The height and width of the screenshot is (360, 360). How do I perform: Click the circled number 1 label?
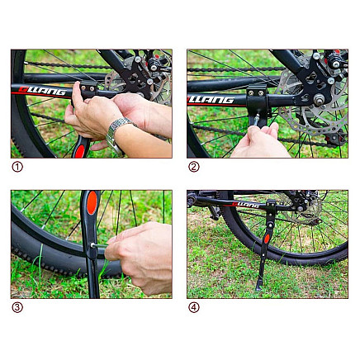click(17, 167)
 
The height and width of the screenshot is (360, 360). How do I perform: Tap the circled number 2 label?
click(194, 167)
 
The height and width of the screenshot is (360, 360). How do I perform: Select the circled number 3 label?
click(17, 307)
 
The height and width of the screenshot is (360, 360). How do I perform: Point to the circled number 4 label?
click(194, 307)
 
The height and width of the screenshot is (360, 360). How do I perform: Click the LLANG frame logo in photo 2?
click(211, 99)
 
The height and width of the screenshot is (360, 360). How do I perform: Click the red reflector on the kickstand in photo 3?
click(92, 203)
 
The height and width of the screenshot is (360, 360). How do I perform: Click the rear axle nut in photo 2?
click(319, 99)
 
